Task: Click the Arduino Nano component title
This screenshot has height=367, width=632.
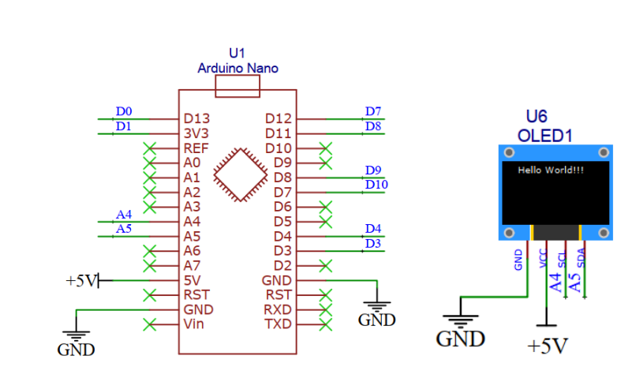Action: click(237, 68)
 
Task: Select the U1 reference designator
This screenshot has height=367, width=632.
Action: click(237, 53)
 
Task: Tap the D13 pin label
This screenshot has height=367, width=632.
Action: click(196, 118)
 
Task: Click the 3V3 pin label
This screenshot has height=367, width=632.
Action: click(196, 133)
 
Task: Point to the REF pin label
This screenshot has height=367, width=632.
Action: click(196, 148)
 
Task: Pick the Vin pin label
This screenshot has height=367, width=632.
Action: click(193, 324)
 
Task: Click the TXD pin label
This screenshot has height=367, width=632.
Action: click(278, 324)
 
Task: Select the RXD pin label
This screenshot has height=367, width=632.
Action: click(278, 309)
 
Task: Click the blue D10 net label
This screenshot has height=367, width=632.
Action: click(376, 185)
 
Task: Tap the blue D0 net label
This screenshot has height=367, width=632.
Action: click(124, 111)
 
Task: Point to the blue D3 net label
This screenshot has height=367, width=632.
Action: click(373, 243)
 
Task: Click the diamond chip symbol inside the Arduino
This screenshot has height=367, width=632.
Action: click(241, 174)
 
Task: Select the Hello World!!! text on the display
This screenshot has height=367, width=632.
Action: click(551, 170)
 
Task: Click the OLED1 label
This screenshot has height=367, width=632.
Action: click(545, 136)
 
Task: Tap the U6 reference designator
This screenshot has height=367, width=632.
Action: click(537, 117)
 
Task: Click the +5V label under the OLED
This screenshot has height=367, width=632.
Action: click(548, 346)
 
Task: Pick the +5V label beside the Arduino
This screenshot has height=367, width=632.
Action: click(82, 281)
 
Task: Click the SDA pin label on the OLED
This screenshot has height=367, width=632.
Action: click(581, 258)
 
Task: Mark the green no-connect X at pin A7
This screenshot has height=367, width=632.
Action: click(150, 266)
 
